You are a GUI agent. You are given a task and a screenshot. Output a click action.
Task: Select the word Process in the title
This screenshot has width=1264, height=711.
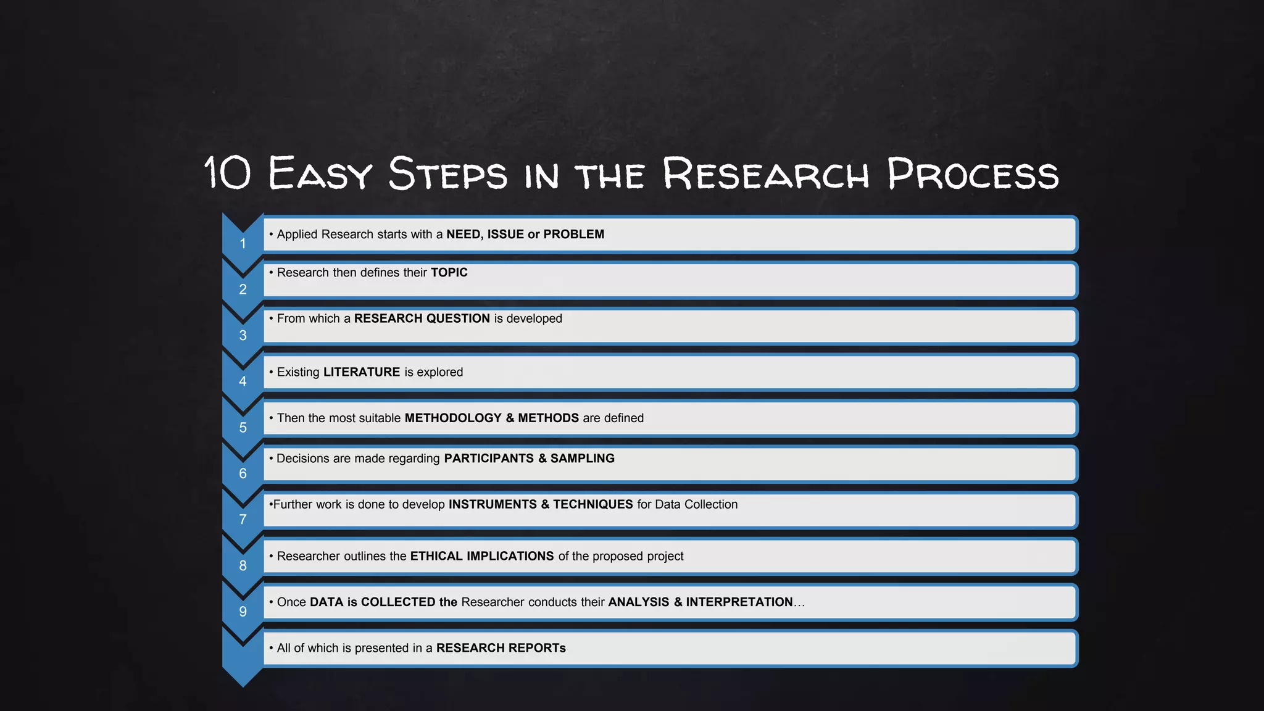[973, 174]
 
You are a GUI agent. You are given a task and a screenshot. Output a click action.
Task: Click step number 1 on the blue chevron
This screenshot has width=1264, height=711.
[243, 244]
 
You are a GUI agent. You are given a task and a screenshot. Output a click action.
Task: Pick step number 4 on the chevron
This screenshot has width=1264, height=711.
[243, 381]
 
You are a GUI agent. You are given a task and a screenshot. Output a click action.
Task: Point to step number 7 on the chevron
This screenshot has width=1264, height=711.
[243, 520]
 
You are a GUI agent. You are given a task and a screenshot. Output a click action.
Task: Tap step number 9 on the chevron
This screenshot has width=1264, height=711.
[243, 612]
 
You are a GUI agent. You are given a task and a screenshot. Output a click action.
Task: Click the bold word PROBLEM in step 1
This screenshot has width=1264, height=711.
[573, 235]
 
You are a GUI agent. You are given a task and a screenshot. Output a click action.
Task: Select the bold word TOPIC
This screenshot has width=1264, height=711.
[449, 273]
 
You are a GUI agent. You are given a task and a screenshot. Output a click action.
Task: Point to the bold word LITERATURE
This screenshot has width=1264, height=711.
[362, 372]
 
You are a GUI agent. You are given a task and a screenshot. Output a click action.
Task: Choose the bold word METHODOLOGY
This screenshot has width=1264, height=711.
[453, 418]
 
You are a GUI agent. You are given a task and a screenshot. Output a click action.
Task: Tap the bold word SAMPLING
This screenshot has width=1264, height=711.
[582, 459]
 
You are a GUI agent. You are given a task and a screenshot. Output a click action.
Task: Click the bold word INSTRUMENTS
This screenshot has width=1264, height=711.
[493, 505]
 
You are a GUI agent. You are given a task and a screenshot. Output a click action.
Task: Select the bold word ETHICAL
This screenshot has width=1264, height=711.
[436, 556]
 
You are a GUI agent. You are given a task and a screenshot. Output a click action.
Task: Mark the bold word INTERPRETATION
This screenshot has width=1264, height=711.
[739, 602]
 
